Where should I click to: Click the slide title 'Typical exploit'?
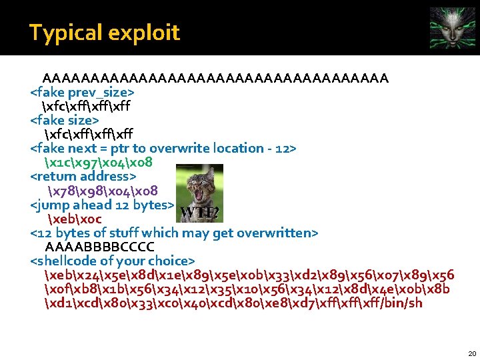click(x=104, y=32)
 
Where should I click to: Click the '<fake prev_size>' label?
click(x=83, y=92)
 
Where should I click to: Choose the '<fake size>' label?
click(x=65, y=120)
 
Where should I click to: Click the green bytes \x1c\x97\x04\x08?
click(x=97, y=162)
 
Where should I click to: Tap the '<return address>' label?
click(x=83, y=176)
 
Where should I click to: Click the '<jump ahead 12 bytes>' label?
click(x=103, y=204)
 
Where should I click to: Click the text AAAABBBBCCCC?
click(x=99, y=246)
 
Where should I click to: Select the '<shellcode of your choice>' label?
click(x=113, y=260)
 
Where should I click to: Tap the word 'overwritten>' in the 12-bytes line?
click(x=280, y=232)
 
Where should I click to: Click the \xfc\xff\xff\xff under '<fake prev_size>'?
click(x=86, y=106)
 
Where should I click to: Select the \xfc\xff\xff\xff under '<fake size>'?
click(x=86, y=134)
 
